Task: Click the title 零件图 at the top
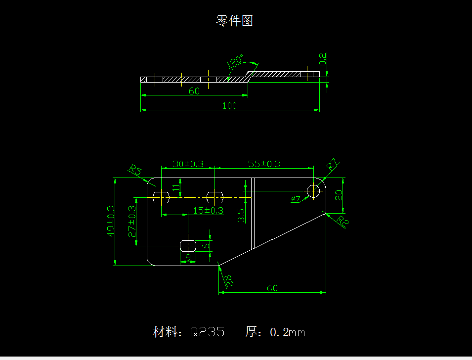pyautogui.click(x=235, y=21)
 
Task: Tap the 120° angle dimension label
pyautogui.click(x=235, y=62)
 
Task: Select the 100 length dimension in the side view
pyautogui.click(x=230, y=105)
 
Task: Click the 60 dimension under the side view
pyautogui.click(x=194, y=91)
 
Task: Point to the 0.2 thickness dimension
pyautogui.click(x=323, y=59)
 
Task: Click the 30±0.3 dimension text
pyautogui.click(x=188, y=164)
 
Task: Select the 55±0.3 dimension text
pyautogui.click(x=264, y=164)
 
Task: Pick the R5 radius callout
pyautogui.click(x=135, y=171)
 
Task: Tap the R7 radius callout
pyautogui.click(x=332, y=165)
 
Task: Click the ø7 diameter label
pyautogui.click(x=296, y=199)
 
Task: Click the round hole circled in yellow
pyautogui.click(x=313, y=190)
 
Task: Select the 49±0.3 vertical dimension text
pyautogui.click(x=112, y=221)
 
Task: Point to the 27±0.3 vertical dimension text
pyautogui.click(x=132, y=221)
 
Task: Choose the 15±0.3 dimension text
pyautogui.click(x=208, y=210)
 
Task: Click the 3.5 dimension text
pyautogui.click(x=241, y=215)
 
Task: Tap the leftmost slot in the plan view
pyautogui.click(x=161, y=197)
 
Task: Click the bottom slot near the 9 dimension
pyautogui.click(x=188, y=245)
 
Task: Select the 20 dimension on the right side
pyautogui.click(x=339, y=195)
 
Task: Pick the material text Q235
pyautogui.click(x=207, y=332)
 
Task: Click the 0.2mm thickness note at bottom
pyautogui.click(x=287, y=332)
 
